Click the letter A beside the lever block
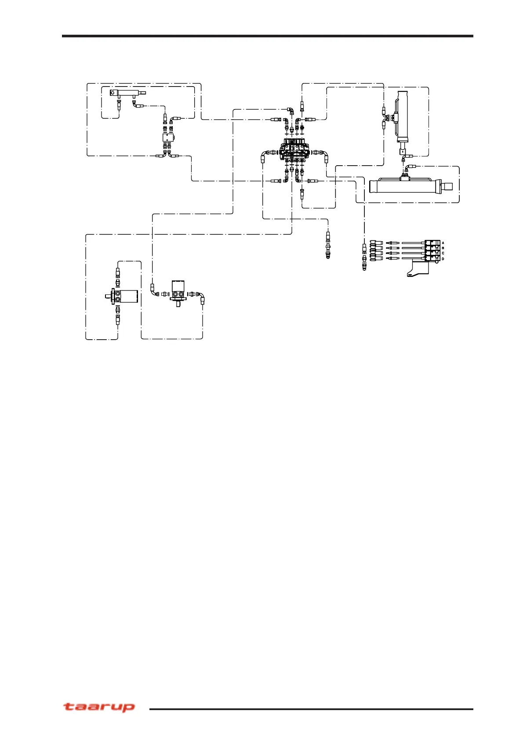click(x=443, y=243)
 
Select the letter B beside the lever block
click(x=443, y=248)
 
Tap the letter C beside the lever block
click(x=443, y=253)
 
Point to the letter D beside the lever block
click(x=443, y=259)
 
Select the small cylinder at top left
click(x=127, y=93)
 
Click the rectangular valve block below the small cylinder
click(x=168, y=138)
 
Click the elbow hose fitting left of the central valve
click(x=264, y=153)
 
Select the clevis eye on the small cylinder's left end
click(x=113, y=93)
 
